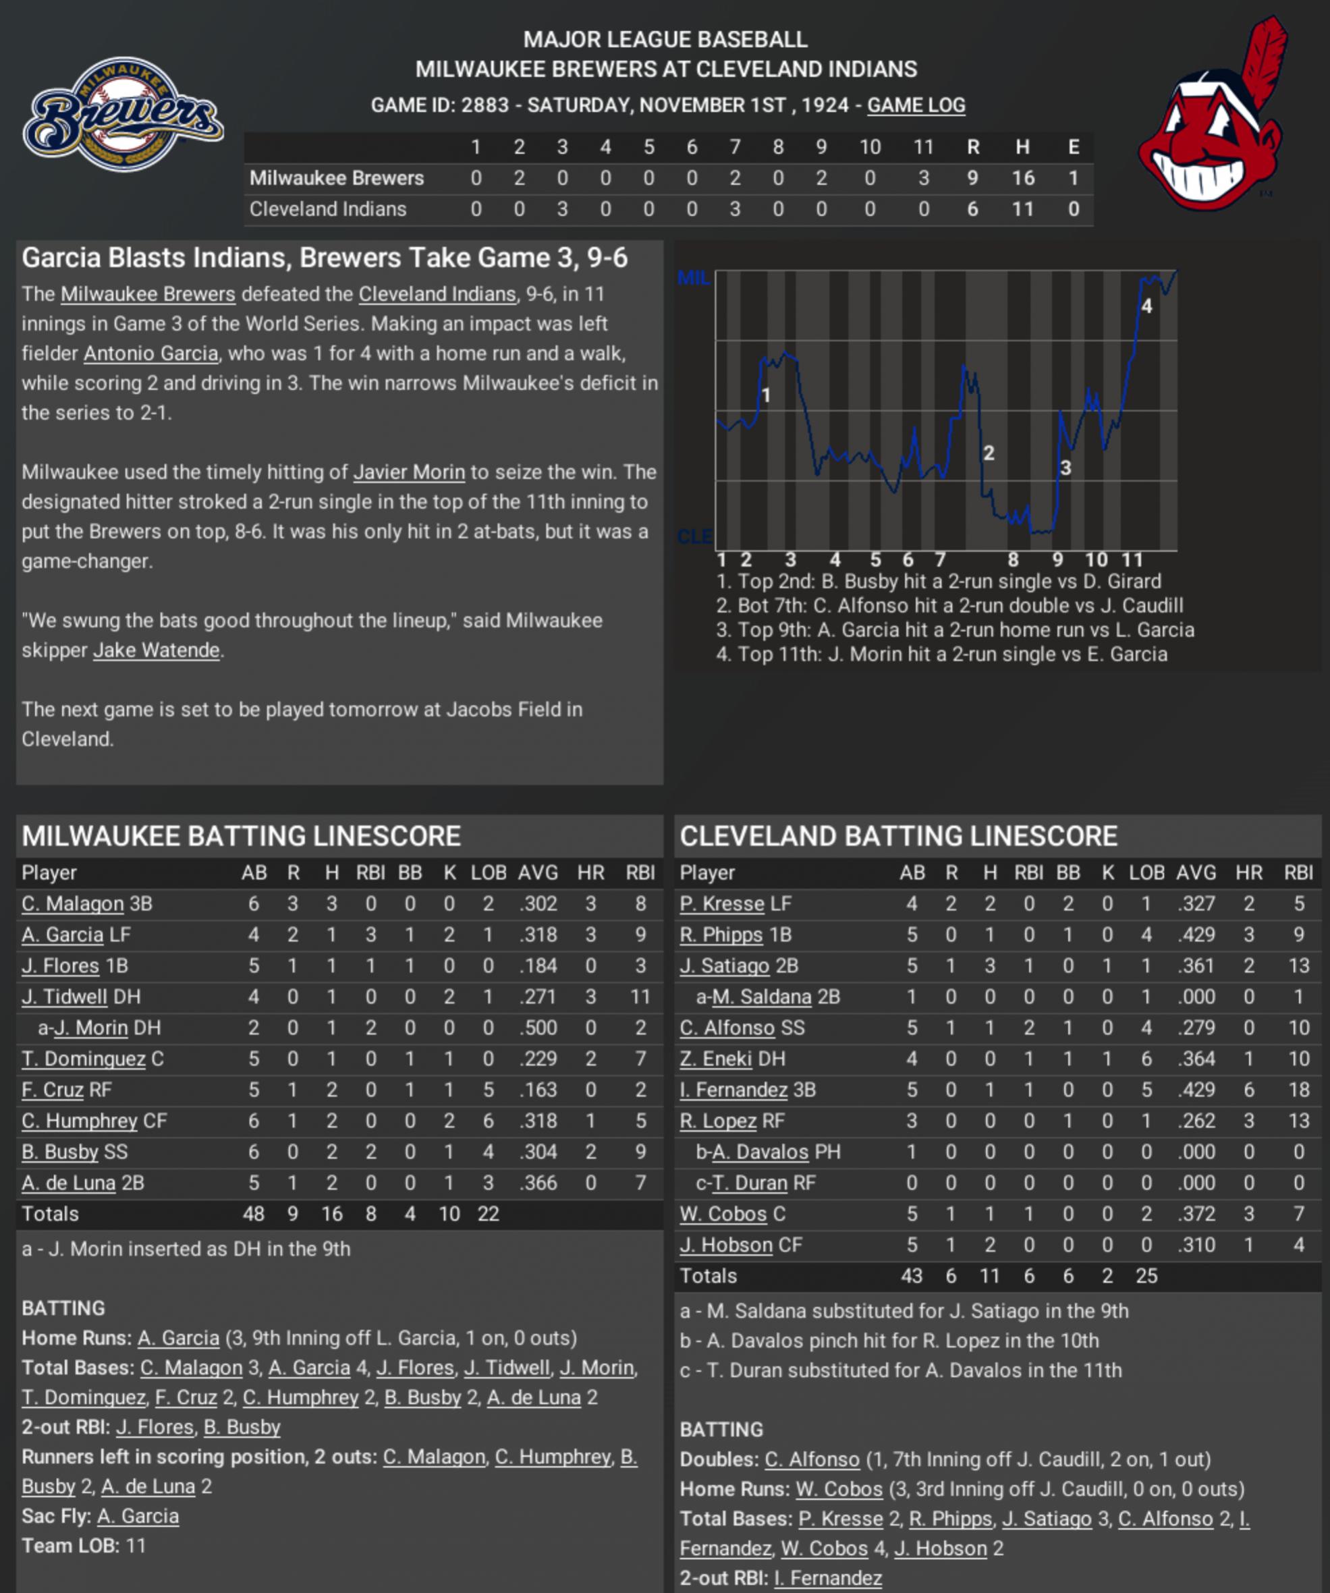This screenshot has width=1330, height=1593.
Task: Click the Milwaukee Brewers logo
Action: [x=123, y=114]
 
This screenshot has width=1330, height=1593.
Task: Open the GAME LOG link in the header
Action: [x=916, y=105]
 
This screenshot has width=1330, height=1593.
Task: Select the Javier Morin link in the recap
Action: [x=409, y=472]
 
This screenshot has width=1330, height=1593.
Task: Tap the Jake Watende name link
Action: [x=157, y=650]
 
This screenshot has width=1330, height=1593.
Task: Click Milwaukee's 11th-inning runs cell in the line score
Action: [x=923, y=178]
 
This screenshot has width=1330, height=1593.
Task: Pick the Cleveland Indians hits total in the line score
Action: [x=1022, y=209]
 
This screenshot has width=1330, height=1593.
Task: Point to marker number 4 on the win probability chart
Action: [x=1146, y=306]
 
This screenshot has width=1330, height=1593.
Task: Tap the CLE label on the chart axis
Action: [x=694, y=537]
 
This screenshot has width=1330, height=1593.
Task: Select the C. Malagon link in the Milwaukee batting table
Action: [x=73, y=903]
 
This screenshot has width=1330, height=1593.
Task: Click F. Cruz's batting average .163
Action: [x=538, y=1090]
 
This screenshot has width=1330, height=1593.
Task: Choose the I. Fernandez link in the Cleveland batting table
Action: [x=733, y=1090]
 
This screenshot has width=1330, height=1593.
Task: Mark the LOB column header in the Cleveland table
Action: [x=1146, y=872]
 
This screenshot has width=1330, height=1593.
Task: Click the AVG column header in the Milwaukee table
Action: [x=538, y=872]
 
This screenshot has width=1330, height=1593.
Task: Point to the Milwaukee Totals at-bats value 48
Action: [x=254, y=1214]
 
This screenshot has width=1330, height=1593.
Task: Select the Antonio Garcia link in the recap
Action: [x=150, y=354]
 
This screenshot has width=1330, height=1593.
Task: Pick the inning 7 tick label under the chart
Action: [x=940, y=560]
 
